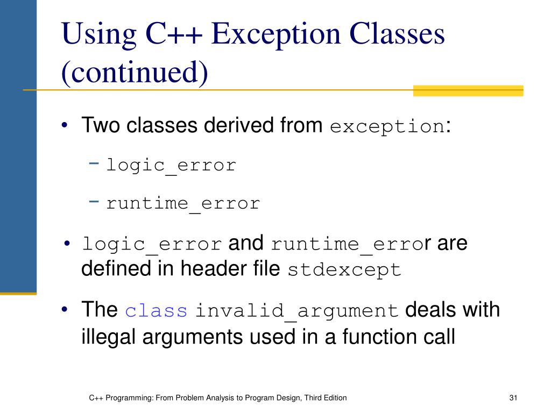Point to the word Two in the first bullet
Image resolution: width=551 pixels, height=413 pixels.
pyautogui.click(x=102, y=125)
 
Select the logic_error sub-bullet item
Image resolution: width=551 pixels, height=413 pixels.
pyautogui.click(x=171, y=165)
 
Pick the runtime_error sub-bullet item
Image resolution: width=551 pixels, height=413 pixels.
pyautogui.click(x=183, y=204)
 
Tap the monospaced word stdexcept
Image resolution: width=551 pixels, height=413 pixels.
pyautogui.click(x=344, y=269)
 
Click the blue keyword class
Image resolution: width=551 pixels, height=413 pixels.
pyautogui.click(x=156, y=311)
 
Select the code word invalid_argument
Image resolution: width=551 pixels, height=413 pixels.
pyautogui.click(x=296, y=311)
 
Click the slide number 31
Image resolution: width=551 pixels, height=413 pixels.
pyautogui.click(x=512, y=398)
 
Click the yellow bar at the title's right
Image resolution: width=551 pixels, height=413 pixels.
pyautogui.click(x=468, y=90)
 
